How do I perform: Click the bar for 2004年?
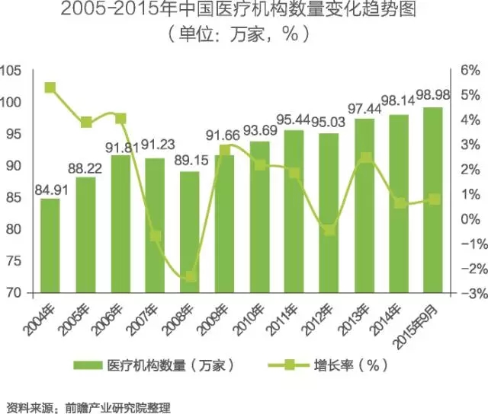click(x=50, y=246)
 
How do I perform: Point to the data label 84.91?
click(x=50, y=189)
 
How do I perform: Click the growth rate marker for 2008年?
click(x=191, y=276)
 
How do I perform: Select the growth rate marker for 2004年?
click(x=50, y=88)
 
